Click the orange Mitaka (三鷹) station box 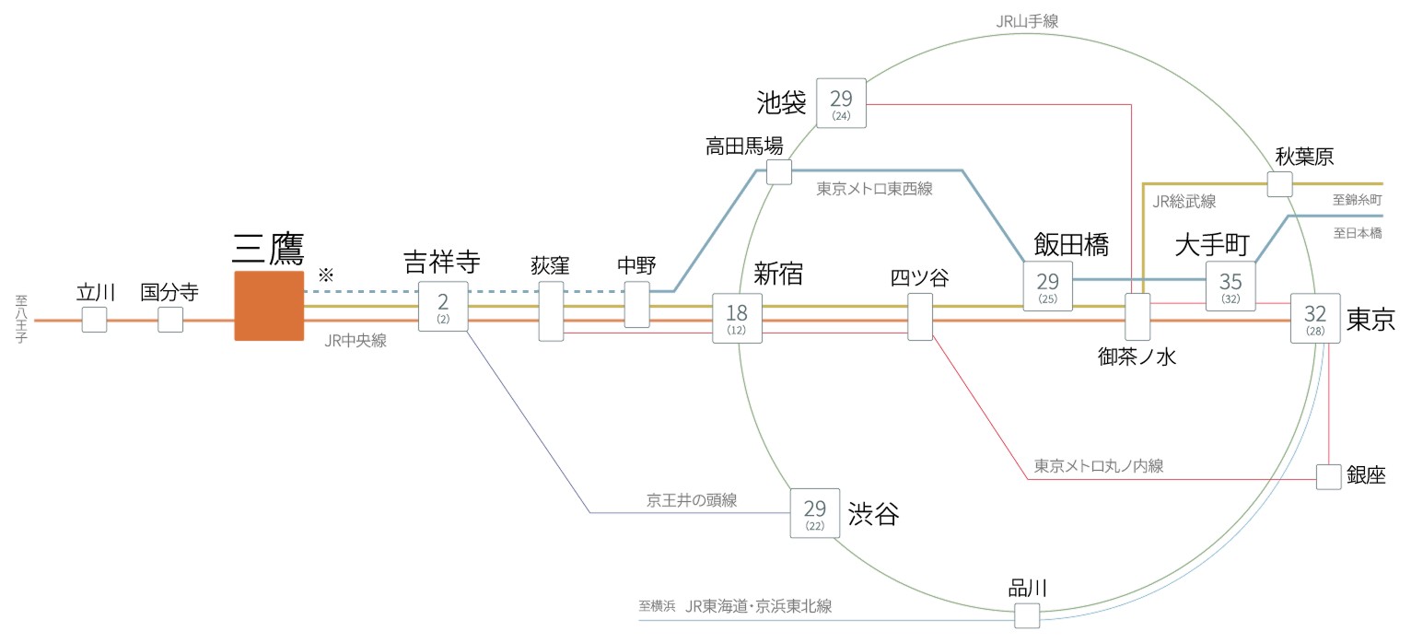(x=269, y=306)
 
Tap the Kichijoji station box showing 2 (x=443, y=307)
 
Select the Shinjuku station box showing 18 (x=738, y=319)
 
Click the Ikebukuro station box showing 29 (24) (x=841, y=102)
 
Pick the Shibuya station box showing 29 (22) (x=815, y=513)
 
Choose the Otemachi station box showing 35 (x=1230, y=286)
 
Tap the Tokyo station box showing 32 (x=1315, y=318)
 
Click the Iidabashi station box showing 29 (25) (x=1048, y=286)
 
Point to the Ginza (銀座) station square (x=1328, y=477)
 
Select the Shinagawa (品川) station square (x=1027, y=614)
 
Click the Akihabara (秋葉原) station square (x=1279, y=183)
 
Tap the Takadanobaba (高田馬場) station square (x=778, y=172)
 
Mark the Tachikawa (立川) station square (x=94, y=320)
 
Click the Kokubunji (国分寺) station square (x=170, y=320)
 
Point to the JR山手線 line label (x=1027, y=19)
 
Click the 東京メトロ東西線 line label (x=874, y=189)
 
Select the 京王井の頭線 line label (x=692, y=500)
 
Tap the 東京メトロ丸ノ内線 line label (x=1099, y=466)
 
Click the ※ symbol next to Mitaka (x=324, y=275)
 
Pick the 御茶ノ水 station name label (x=1138, y=358)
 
